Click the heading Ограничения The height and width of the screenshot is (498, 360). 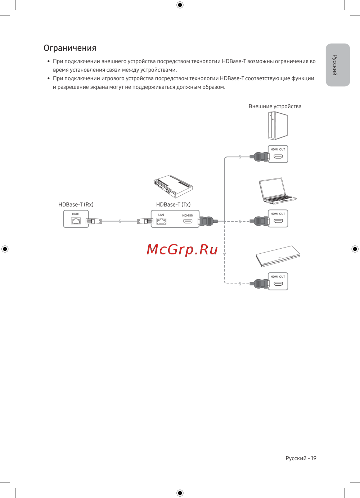coord(70,48)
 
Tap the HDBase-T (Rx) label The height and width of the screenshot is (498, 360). coord(76,204)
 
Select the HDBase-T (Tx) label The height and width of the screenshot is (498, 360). coord(173,204)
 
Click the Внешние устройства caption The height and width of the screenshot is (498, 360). coord(275,106)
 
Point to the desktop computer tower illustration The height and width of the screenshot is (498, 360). coord(278,126)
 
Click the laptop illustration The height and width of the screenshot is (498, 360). coord(277,191)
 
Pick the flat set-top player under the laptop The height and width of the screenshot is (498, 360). coord(278,256)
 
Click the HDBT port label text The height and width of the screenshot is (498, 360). coord(76,214)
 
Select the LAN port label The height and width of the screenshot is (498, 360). coord(161,215)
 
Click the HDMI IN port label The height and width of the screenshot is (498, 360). coord(188,216)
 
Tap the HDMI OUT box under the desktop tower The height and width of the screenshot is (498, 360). coord(278,154)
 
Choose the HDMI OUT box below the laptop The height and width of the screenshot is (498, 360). coord(278,218)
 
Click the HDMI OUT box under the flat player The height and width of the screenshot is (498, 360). coord(278,281)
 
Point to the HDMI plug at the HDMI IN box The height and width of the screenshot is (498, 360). coord(207,221)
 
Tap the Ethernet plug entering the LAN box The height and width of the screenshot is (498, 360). coord(145,221)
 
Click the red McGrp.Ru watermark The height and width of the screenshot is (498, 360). coord(182,249)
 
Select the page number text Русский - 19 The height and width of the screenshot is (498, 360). coord(301,458)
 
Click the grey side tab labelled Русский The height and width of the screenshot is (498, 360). coord(338,65)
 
